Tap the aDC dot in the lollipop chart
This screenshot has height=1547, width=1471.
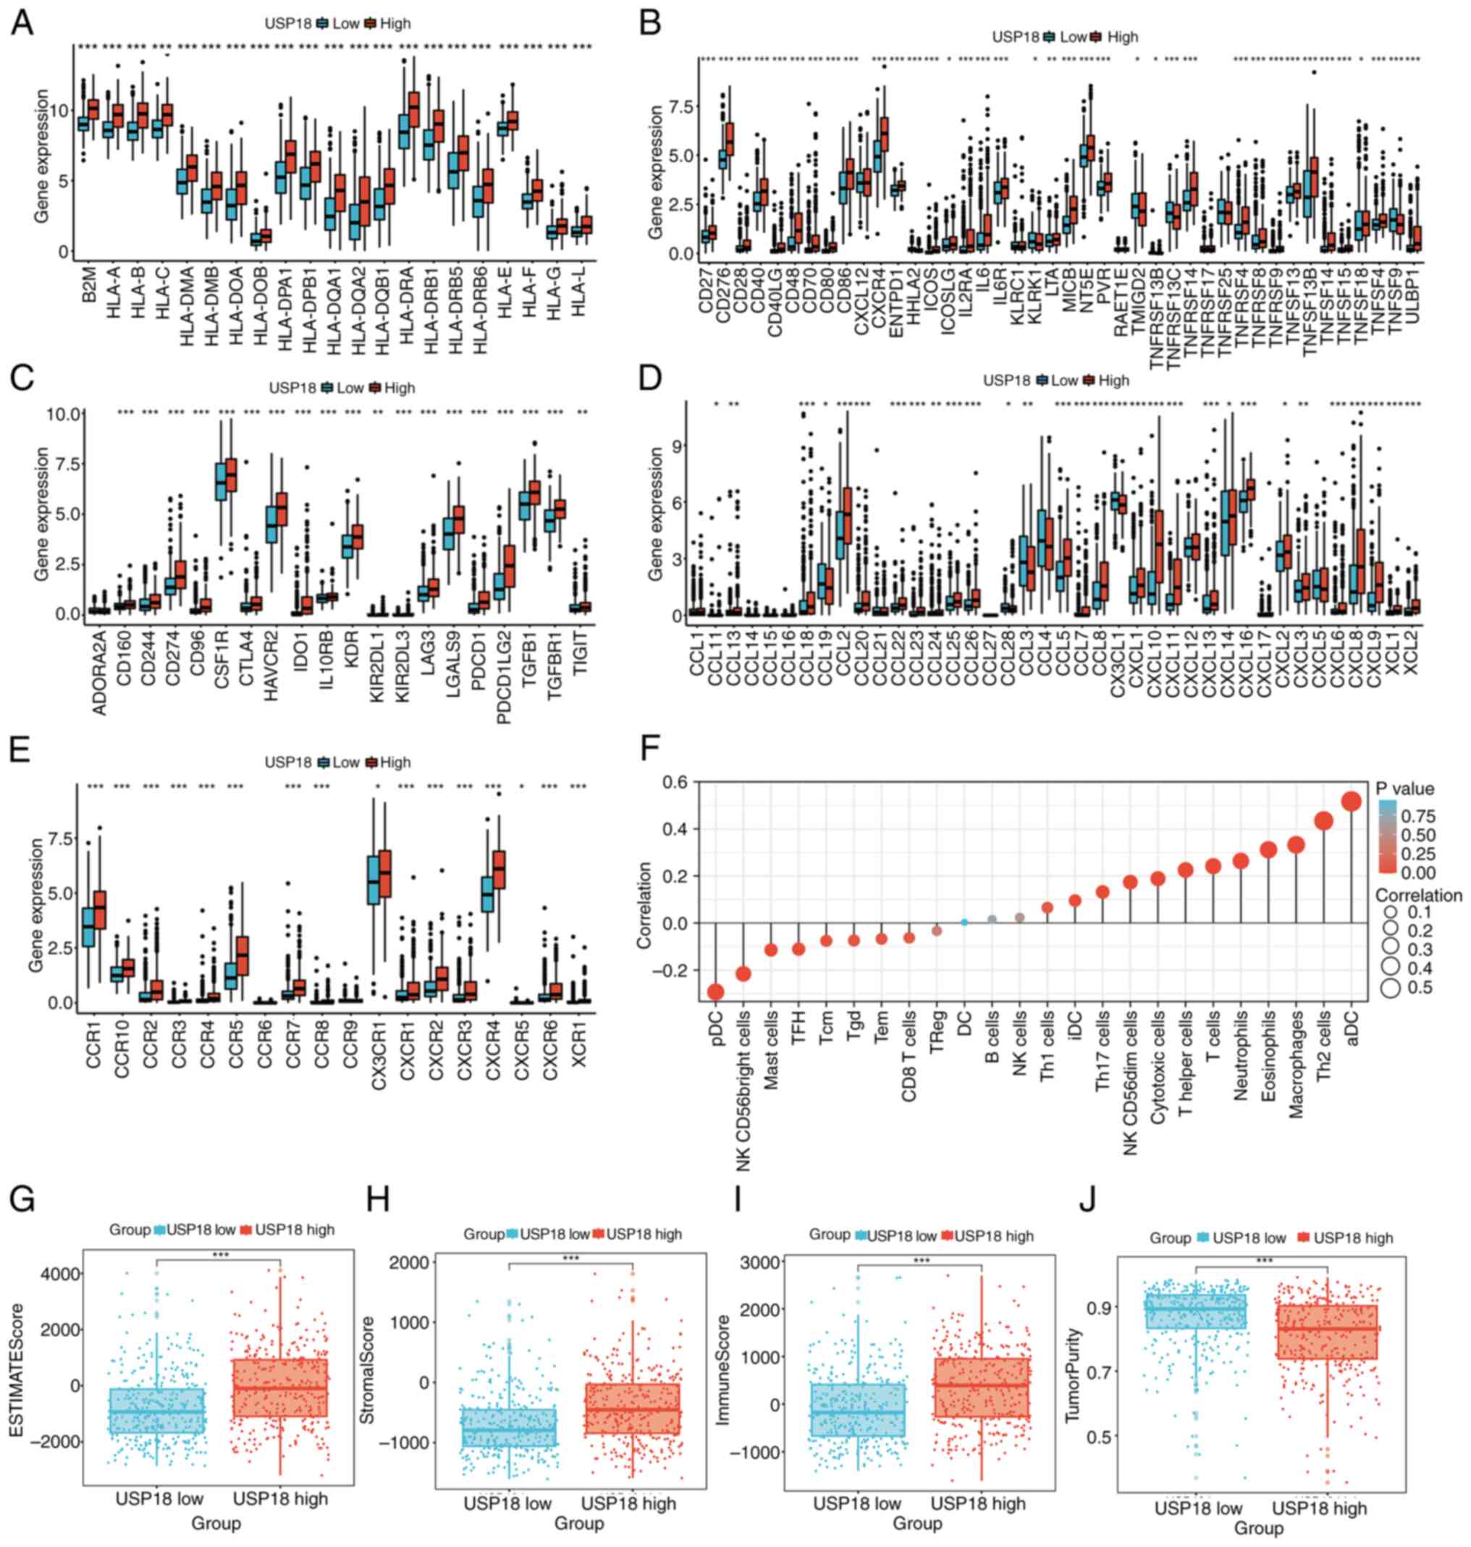(x=1351, y=801)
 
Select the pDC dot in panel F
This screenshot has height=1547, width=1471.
(x=715, y=992)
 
